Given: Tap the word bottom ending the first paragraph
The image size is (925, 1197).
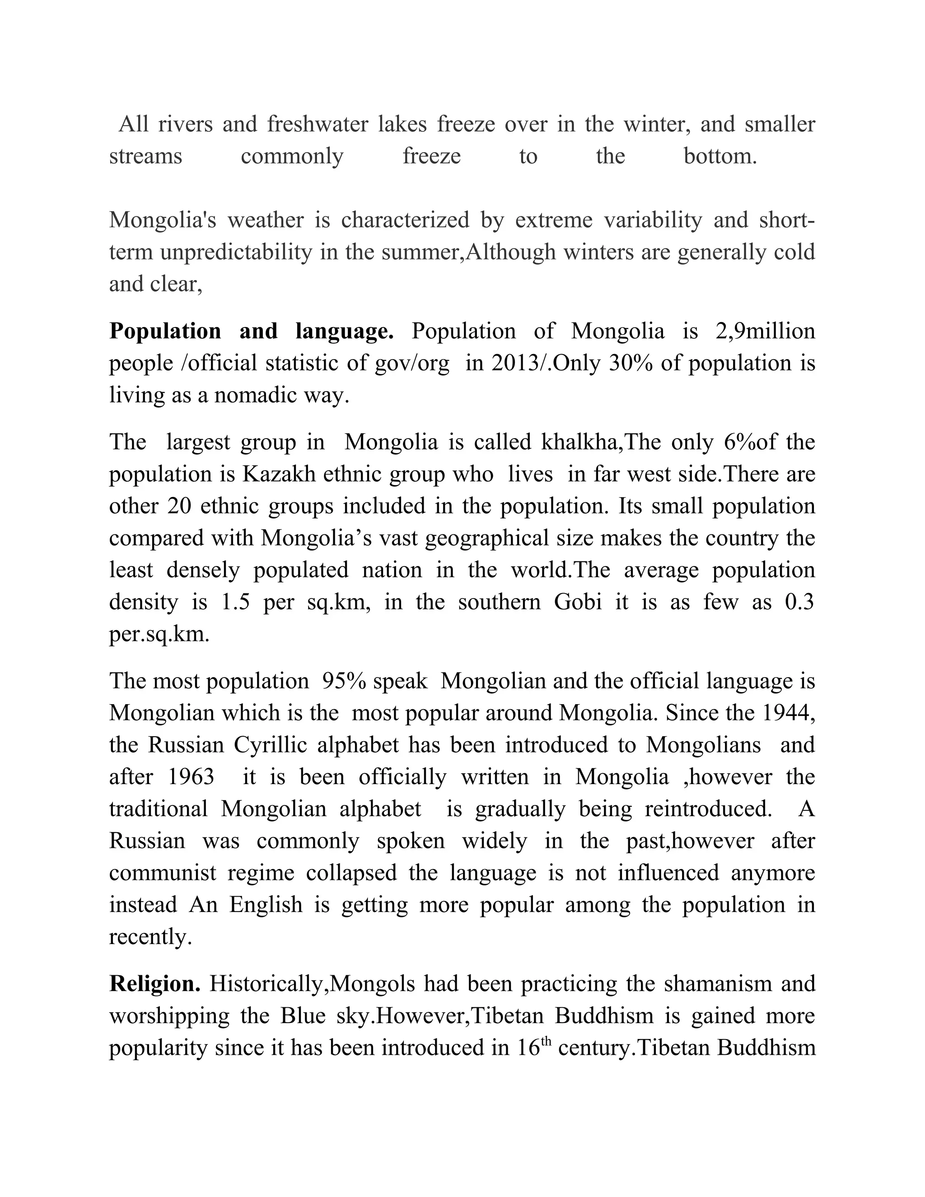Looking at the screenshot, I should [720, 156].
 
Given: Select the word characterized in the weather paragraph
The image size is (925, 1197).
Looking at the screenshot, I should [405, 220].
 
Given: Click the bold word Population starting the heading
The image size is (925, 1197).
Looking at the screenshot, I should [165, 332].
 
